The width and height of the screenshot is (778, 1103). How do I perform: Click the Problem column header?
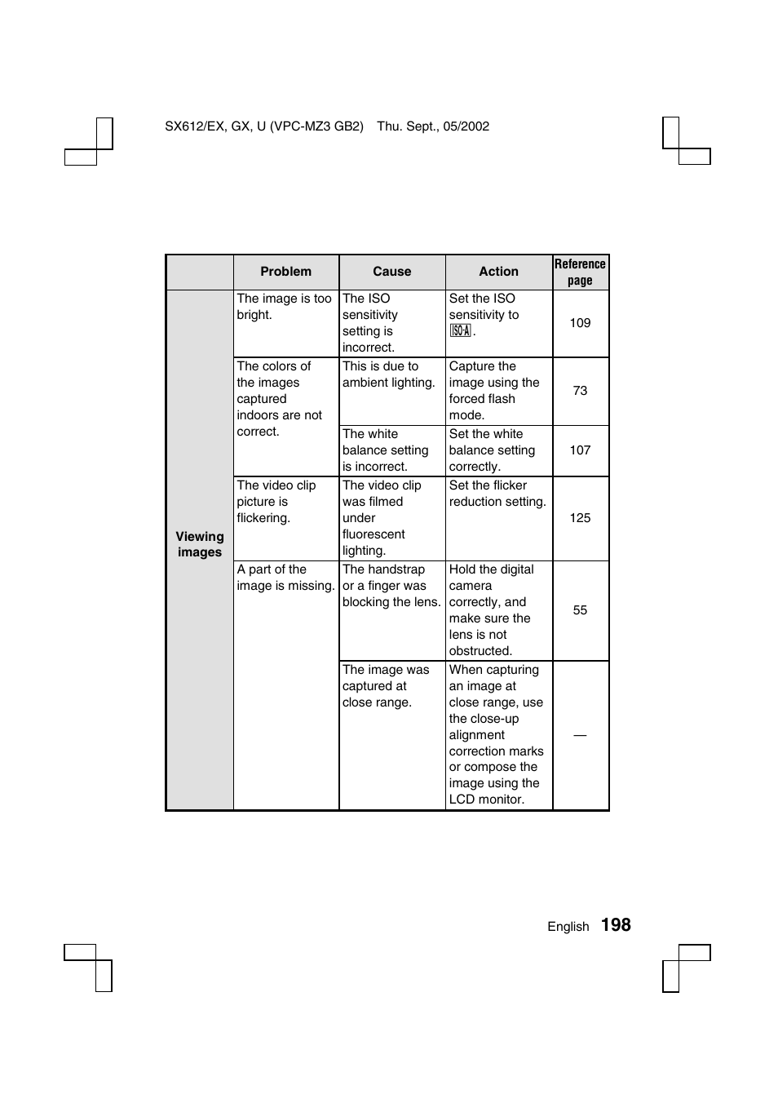pos(285,272)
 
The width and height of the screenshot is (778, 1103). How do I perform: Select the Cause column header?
pos(391,272)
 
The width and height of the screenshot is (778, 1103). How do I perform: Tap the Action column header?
pos(498,272)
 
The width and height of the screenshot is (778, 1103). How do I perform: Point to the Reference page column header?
pos(580,272)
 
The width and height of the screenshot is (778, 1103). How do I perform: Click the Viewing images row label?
pos(200,544)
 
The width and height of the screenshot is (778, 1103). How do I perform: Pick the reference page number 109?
pos(580,323)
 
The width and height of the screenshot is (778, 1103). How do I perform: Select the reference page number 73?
pos(580,391)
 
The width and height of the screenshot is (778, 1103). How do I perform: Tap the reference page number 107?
pos(580,450)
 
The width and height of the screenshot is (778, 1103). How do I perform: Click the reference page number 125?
pos(580,518)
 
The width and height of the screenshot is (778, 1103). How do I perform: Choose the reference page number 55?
pos(580,610)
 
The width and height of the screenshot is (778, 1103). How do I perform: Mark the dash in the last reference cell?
pos(580,735)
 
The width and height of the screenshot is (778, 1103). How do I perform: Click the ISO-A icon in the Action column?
pos(460,331)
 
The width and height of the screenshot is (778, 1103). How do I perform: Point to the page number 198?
pos(616,925)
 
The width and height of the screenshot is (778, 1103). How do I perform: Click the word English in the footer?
pos(568,927)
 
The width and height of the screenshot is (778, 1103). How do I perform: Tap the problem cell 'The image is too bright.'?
pos(284,307)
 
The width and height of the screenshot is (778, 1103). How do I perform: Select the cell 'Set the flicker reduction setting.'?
pos(497,494)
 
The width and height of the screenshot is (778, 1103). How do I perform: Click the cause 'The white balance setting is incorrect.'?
pos(385,450)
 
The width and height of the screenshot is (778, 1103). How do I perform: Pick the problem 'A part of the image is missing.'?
pos(285,578)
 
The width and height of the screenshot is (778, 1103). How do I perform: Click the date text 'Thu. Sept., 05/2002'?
pos(433,126)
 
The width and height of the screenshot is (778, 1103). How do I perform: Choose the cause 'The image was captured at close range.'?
pos(385,686)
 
